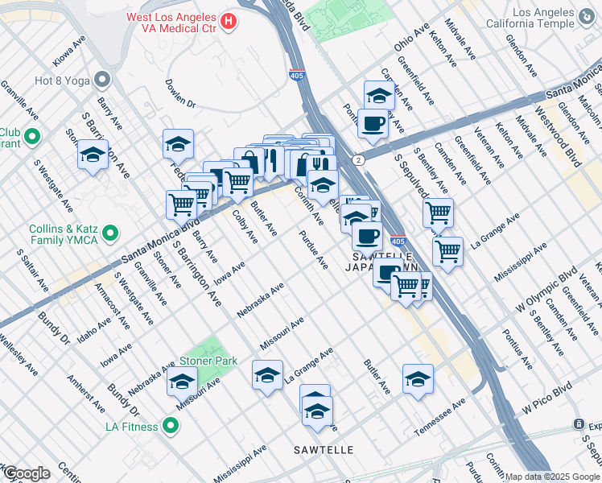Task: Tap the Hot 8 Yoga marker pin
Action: pos(102,79)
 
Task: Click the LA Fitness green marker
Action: pos(171,426)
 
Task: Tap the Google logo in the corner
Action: pos(27,473)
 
